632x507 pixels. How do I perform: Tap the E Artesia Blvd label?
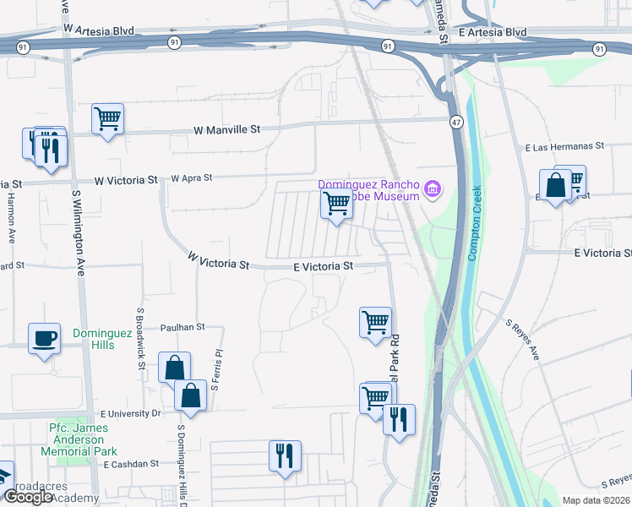(x=493, y=32)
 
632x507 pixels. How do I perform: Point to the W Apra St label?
(x=191, y=178)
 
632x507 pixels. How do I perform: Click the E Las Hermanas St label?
(x=566, y=146)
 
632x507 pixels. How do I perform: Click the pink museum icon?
(x=433, y=188)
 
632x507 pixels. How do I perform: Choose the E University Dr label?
(x=130, y=414)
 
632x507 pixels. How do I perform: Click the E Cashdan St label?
(x=130, y=464)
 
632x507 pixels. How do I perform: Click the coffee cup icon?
(x=45, y=338)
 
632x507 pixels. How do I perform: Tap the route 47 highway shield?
(x=455, y=123)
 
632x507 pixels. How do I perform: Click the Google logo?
(x=27, y=497)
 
